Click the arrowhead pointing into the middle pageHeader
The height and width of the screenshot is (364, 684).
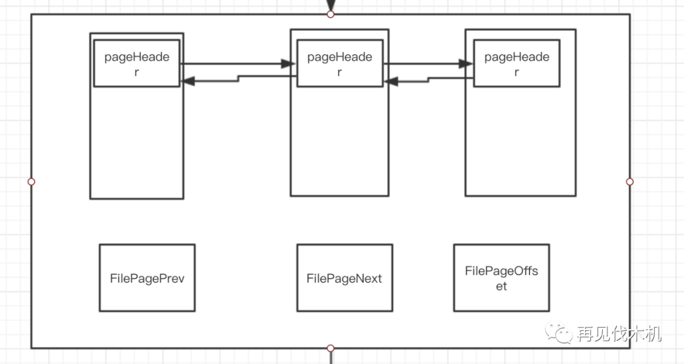click(289, 63)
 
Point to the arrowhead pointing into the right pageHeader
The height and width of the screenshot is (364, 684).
click(466, 63)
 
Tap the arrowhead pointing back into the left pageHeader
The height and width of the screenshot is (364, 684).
click(187, 81)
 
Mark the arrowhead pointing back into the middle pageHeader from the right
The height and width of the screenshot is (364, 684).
click(390, 81)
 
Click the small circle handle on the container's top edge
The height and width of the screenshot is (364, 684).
click(330, 14)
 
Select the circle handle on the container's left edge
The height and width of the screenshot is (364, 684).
click(31, 181)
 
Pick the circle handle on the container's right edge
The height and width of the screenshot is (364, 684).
click(630, 181)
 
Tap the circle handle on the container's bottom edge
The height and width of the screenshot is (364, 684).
click(330, 348)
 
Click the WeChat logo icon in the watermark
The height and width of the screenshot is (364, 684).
click(561, 334)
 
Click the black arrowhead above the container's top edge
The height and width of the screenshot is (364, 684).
click(330, 5)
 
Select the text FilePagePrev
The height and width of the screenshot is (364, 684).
click(147, 278)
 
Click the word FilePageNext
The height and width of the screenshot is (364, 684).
click(345, 278)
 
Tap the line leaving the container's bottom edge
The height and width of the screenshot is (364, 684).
click(330, 358)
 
